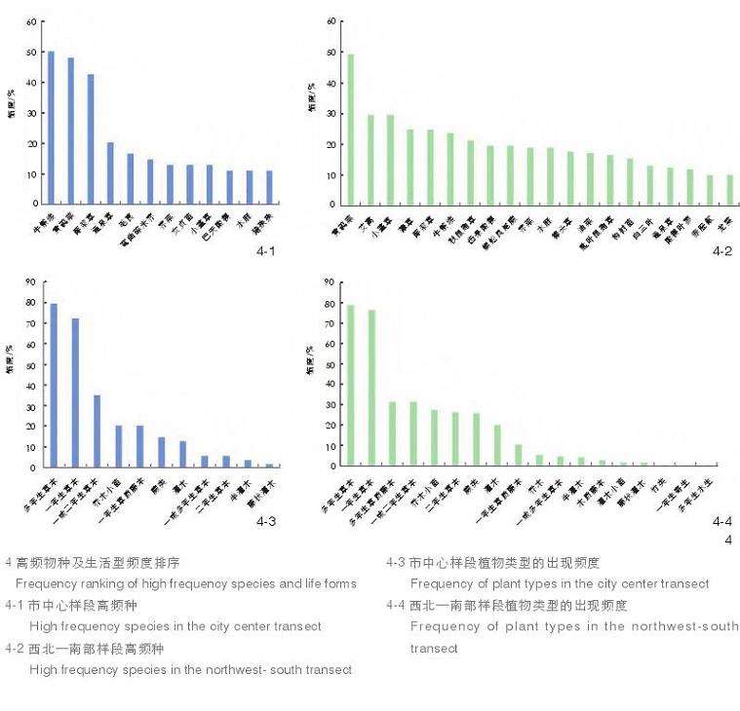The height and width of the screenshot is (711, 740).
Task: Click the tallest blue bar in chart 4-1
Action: coord(51,128)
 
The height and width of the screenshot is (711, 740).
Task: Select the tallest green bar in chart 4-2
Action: coord(351,130)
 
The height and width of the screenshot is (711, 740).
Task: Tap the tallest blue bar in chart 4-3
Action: coord(54,385)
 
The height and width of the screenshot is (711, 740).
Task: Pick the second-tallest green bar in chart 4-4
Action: coord(371,387)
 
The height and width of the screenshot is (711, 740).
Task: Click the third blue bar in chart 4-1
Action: coord(91,139)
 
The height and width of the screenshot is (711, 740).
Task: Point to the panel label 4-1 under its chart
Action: coord(265,252)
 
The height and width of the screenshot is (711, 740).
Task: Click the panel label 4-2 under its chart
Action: coord(722,251)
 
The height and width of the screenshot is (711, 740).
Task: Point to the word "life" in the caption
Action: coord(302,583)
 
